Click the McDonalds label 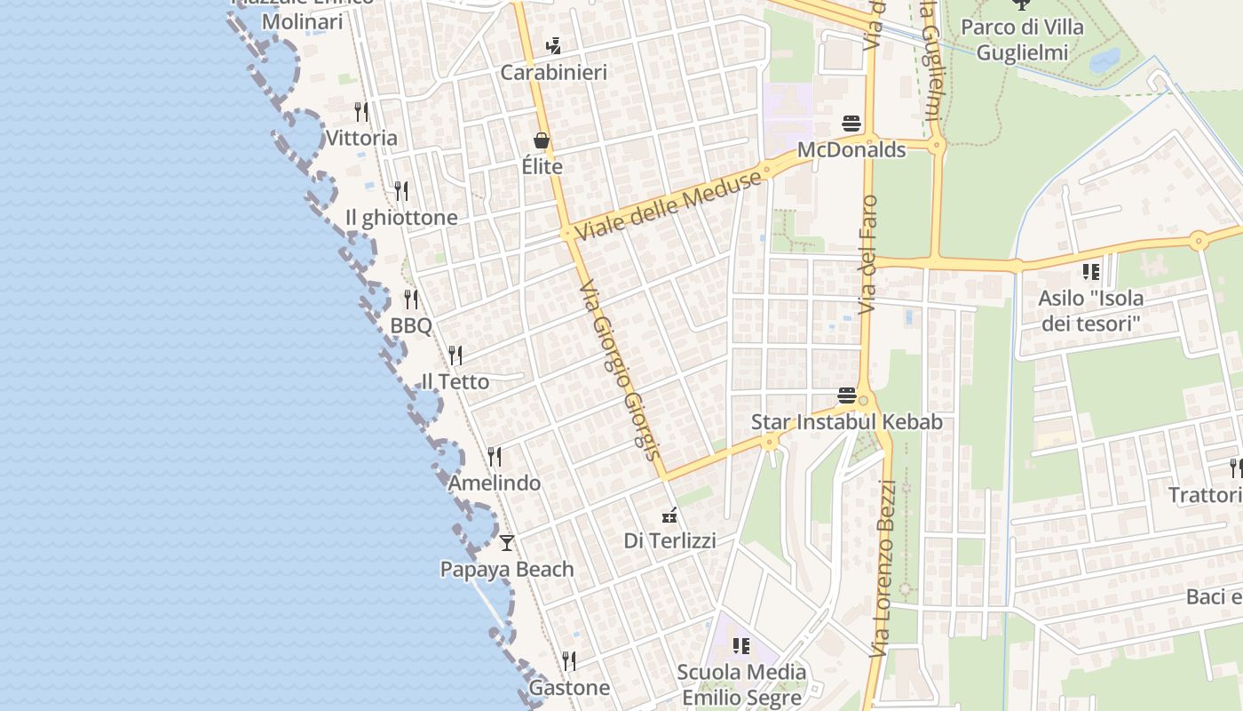(851, 149)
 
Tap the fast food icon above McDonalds (851, 123)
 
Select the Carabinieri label (554, 72)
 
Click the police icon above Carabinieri (554, 44)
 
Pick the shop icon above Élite (542, 140)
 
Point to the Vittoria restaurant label (361, 138)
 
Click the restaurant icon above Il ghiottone (401, 190)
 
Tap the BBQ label (411, 325)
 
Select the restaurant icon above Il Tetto (455, 355)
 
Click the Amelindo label (495, 483)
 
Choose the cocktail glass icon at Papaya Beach (507, 542)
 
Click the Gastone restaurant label (569, 687)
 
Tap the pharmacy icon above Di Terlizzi (669, 514)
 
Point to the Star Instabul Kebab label (847, 421)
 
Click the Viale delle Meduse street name (669, 205)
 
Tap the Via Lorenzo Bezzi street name (888, 569)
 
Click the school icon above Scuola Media (741, 645)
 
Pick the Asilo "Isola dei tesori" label (1090, 310)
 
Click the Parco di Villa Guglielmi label (1022, 40)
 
